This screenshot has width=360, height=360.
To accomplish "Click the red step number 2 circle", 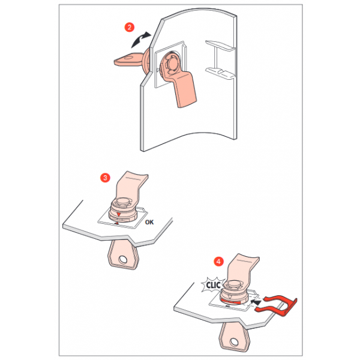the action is coord(129,28).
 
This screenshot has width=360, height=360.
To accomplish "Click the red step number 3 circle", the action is coord(105,178).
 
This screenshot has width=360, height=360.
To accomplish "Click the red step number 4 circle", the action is coord(218,262).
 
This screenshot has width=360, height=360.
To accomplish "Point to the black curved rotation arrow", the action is coord(140,40).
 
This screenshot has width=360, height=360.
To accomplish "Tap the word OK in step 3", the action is coord(149,222).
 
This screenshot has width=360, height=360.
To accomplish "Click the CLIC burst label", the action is coord(213,285).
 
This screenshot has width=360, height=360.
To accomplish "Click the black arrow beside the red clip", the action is coord(256,302).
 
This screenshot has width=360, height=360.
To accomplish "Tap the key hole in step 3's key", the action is coord(122,260).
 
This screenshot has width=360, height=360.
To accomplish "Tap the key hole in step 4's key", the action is coord(234,342).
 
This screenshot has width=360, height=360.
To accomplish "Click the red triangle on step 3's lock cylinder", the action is coord(118,214).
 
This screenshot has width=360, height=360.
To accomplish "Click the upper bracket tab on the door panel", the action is coord(220,45).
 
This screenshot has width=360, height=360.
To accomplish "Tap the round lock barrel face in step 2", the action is coord(172,62).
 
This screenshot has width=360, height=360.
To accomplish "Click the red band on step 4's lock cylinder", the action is coord(231,301).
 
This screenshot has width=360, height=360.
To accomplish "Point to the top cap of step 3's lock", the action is coord(122,202).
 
